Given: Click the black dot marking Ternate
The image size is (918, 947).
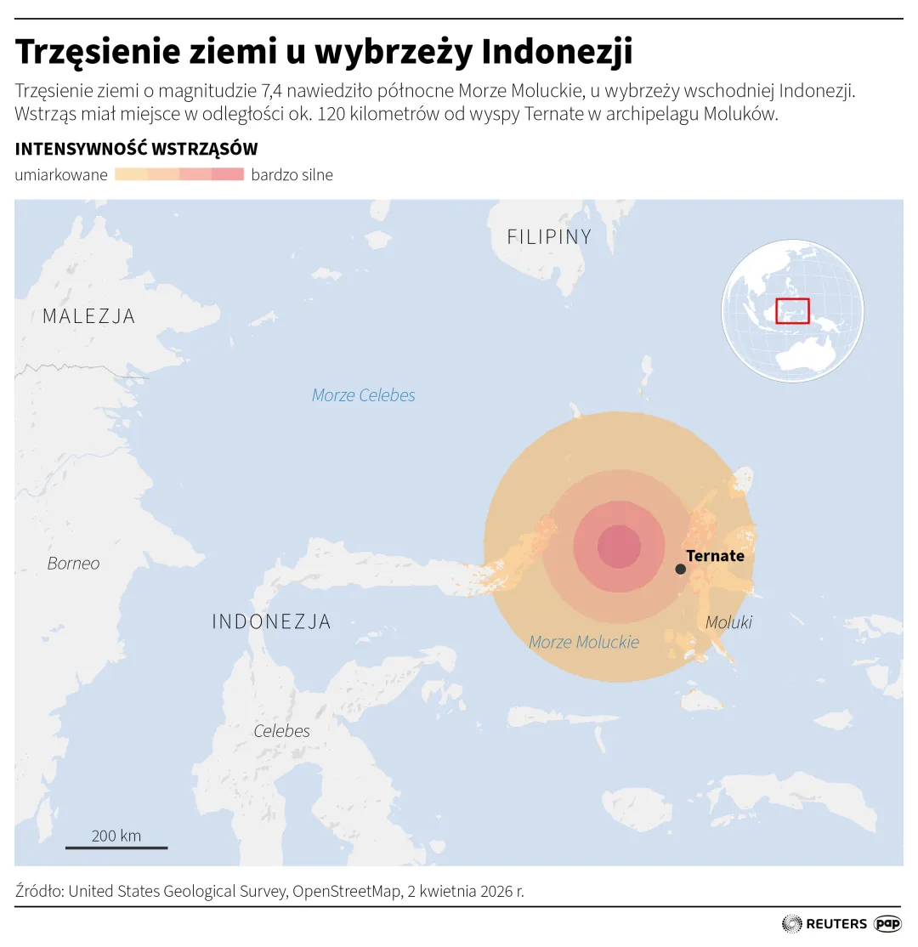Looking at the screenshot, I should pyautogui.click(x=680, y=569).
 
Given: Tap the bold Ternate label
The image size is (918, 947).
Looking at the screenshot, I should pyautogui.click(x=715, y=556).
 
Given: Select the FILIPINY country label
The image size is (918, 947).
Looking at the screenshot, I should pyautogui.click(x=549, y=237).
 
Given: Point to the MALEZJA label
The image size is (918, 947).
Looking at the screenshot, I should pyautogui.click(x=88, y=316).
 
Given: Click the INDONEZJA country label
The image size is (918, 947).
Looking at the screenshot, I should pyautogui.click(x=271, y=621).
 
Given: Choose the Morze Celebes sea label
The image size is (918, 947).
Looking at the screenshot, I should pyautogui.click(x=363, y=395).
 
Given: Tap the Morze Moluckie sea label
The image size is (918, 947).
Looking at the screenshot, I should pyautogui.click(x=583, y=642).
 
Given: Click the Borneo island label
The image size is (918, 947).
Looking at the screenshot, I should pyautogui.click(x=73, y=564).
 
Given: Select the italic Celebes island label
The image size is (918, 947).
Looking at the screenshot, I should pyautogui.click(x=281, y=731).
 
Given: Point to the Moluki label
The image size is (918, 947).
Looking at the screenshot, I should pyautogui.click(x=728, y=622).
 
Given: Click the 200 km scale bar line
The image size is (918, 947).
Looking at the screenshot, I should pyautogui.click(x=116, y=847).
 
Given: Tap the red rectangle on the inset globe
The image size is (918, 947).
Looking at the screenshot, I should pyautogui.click(x=792, y=311).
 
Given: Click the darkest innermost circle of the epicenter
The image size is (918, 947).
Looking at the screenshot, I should pyautogui.click(x=619, y=546).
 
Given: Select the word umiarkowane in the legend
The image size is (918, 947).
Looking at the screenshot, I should pyautogui.click(x=61, y=175).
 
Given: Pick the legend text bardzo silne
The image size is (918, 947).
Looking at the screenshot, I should pyautogui.click(x=292, y=175).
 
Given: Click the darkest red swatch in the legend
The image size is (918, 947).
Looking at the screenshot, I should pyautogui.click(x=228, y=175).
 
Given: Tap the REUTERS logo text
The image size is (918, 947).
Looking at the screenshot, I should pyautogui.click(x=836, y=923).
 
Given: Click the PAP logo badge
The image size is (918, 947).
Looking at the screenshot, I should pyautogui.click(x=887, y=923).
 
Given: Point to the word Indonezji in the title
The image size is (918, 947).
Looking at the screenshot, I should pyautogui.click(x=557, y=52).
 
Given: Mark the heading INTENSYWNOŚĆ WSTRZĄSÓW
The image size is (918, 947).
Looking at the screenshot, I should pyautogui.click(x=136, y=150).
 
